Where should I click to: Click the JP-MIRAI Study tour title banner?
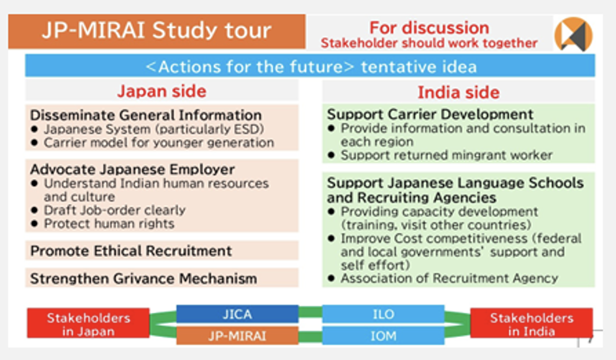click(156, 32)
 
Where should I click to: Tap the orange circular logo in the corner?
click(573, 35)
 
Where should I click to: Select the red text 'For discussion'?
click(429, 28)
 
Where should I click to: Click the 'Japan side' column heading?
click(161, 91)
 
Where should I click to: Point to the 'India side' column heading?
click(458, 92)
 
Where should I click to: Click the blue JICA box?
click(237, 314)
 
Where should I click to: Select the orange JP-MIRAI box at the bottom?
click(237, 336)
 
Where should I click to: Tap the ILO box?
click(383, 314)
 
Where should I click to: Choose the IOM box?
click(383, 336)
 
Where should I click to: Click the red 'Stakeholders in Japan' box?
click(88, 323)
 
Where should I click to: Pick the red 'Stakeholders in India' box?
click(532, 323)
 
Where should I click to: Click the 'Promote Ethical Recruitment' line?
click(131, 251)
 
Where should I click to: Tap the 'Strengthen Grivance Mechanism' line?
click(143, 279)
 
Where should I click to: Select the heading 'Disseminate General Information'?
click(146, 115)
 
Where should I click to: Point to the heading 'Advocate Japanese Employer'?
click(132, 169)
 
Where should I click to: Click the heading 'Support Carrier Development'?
click(430, 114)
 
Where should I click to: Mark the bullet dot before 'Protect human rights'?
click(35, 224)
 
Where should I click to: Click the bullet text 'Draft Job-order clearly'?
click(115, 210)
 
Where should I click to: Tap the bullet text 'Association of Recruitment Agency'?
click(450, 278)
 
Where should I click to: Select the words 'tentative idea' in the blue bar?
click(419, 67)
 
